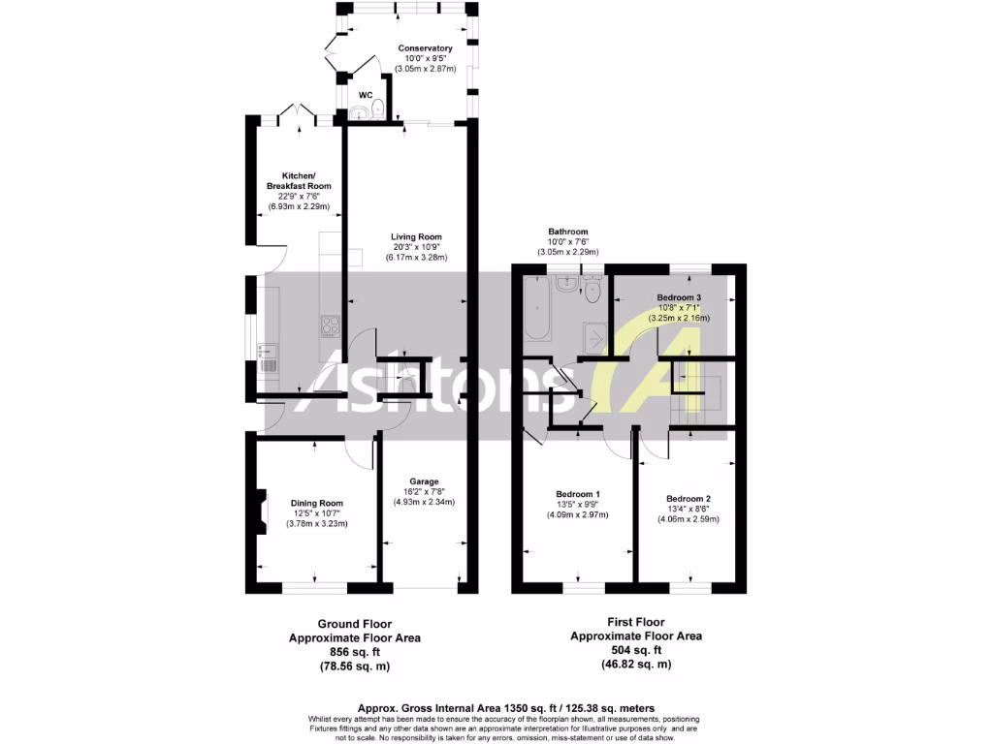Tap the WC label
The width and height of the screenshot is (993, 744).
[367, 95]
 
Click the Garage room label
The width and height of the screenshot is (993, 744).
[424, 480]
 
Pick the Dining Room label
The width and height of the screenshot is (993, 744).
[317, 503]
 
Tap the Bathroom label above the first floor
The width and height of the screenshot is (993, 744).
[567, 232]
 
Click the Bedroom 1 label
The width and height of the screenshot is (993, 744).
[578, 494]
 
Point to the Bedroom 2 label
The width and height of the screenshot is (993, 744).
[689, 498]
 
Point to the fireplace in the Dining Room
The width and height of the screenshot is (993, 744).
[259, 511]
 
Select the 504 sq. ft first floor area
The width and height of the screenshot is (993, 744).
[635, 651]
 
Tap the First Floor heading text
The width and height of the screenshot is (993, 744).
[635, 623]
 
